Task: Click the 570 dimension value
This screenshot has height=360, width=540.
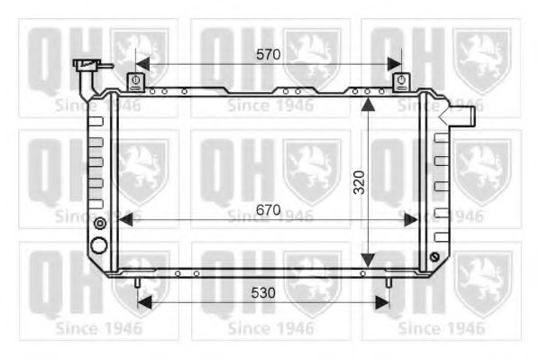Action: tap(268, 54)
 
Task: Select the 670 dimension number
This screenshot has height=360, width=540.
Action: tap(268, 209)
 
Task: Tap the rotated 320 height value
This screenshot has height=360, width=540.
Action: tap(359, 183)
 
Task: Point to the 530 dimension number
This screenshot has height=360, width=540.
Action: tap(263, 293)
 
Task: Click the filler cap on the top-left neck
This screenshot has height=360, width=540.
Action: tap(88, 66)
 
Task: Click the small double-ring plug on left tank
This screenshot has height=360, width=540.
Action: tap(100, 224)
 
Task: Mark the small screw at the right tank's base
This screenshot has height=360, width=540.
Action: tap(435, 260)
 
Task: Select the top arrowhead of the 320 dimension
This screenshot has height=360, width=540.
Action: tap(367, 105)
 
